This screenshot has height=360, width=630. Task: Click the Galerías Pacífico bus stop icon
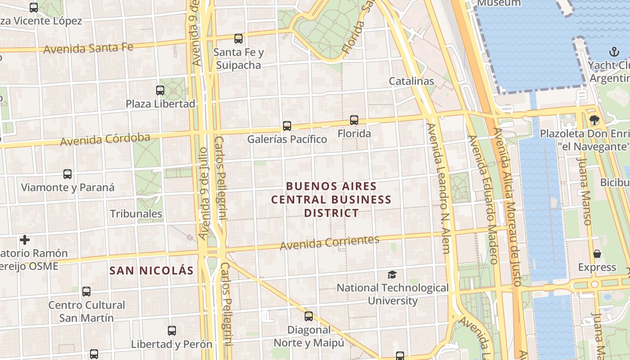pos(287,126)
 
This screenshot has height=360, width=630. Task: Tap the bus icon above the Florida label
pos(354,120)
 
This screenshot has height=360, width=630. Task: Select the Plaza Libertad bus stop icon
pos(160,90)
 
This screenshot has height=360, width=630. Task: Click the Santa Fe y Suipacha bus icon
pos(238,39)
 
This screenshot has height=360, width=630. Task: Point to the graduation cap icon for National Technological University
pos(392,274)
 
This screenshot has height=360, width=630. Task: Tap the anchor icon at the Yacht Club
pos(614,52)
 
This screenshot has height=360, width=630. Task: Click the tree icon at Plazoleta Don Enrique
pos(594,120)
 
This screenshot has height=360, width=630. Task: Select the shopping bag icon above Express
pos(597,254)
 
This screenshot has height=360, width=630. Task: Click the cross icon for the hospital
pos(25,240)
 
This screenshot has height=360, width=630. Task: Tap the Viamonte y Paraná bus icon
pos(67,174)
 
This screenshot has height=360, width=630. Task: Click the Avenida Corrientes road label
pos(329,243)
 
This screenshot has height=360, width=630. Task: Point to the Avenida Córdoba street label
pos(105,139)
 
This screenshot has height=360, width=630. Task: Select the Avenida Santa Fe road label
pos(89,48)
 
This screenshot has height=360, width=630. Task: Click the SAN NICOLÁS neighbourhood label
pos(152,270)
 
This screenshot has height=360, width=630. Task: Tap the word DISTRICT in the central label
pos(331,213)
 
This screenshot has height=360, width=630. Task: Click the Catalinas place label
pos(411,81)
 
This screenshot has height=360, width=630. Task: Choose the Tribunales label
pos(136,214)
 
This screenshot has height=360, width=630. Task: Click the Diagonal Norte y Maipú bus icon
pos(308,316)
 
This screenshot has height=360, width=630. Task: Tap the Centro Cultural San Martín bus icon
pos(86,292)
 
